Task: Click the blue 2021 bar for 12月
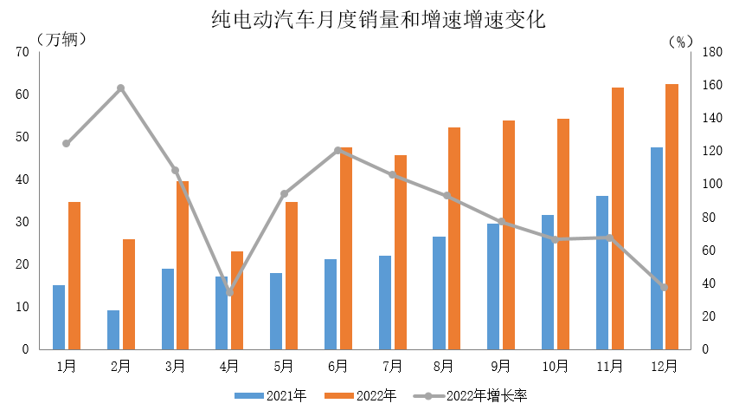(x=657, y=249)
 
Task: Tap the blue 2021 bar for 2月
(x=113, y=330)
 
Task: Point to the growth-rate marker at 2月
(x=121, y=88)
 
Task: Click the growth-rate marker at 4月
(x=229, y=292)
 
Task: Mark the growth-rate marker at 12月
(x=664, y=287)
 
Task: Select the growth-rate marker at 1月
(x=67, y=144)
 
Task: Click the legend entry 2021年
(x=271, y=396)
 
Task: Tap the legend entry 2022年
(x=361, y=396)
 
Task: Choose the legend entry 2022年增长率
(x=472, y=396)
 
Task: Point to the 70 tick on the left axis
(x=22, y=52)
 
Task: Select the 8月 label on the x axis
(x=447, y=367)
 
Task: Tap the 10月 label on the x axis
(x=555, y=367)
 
